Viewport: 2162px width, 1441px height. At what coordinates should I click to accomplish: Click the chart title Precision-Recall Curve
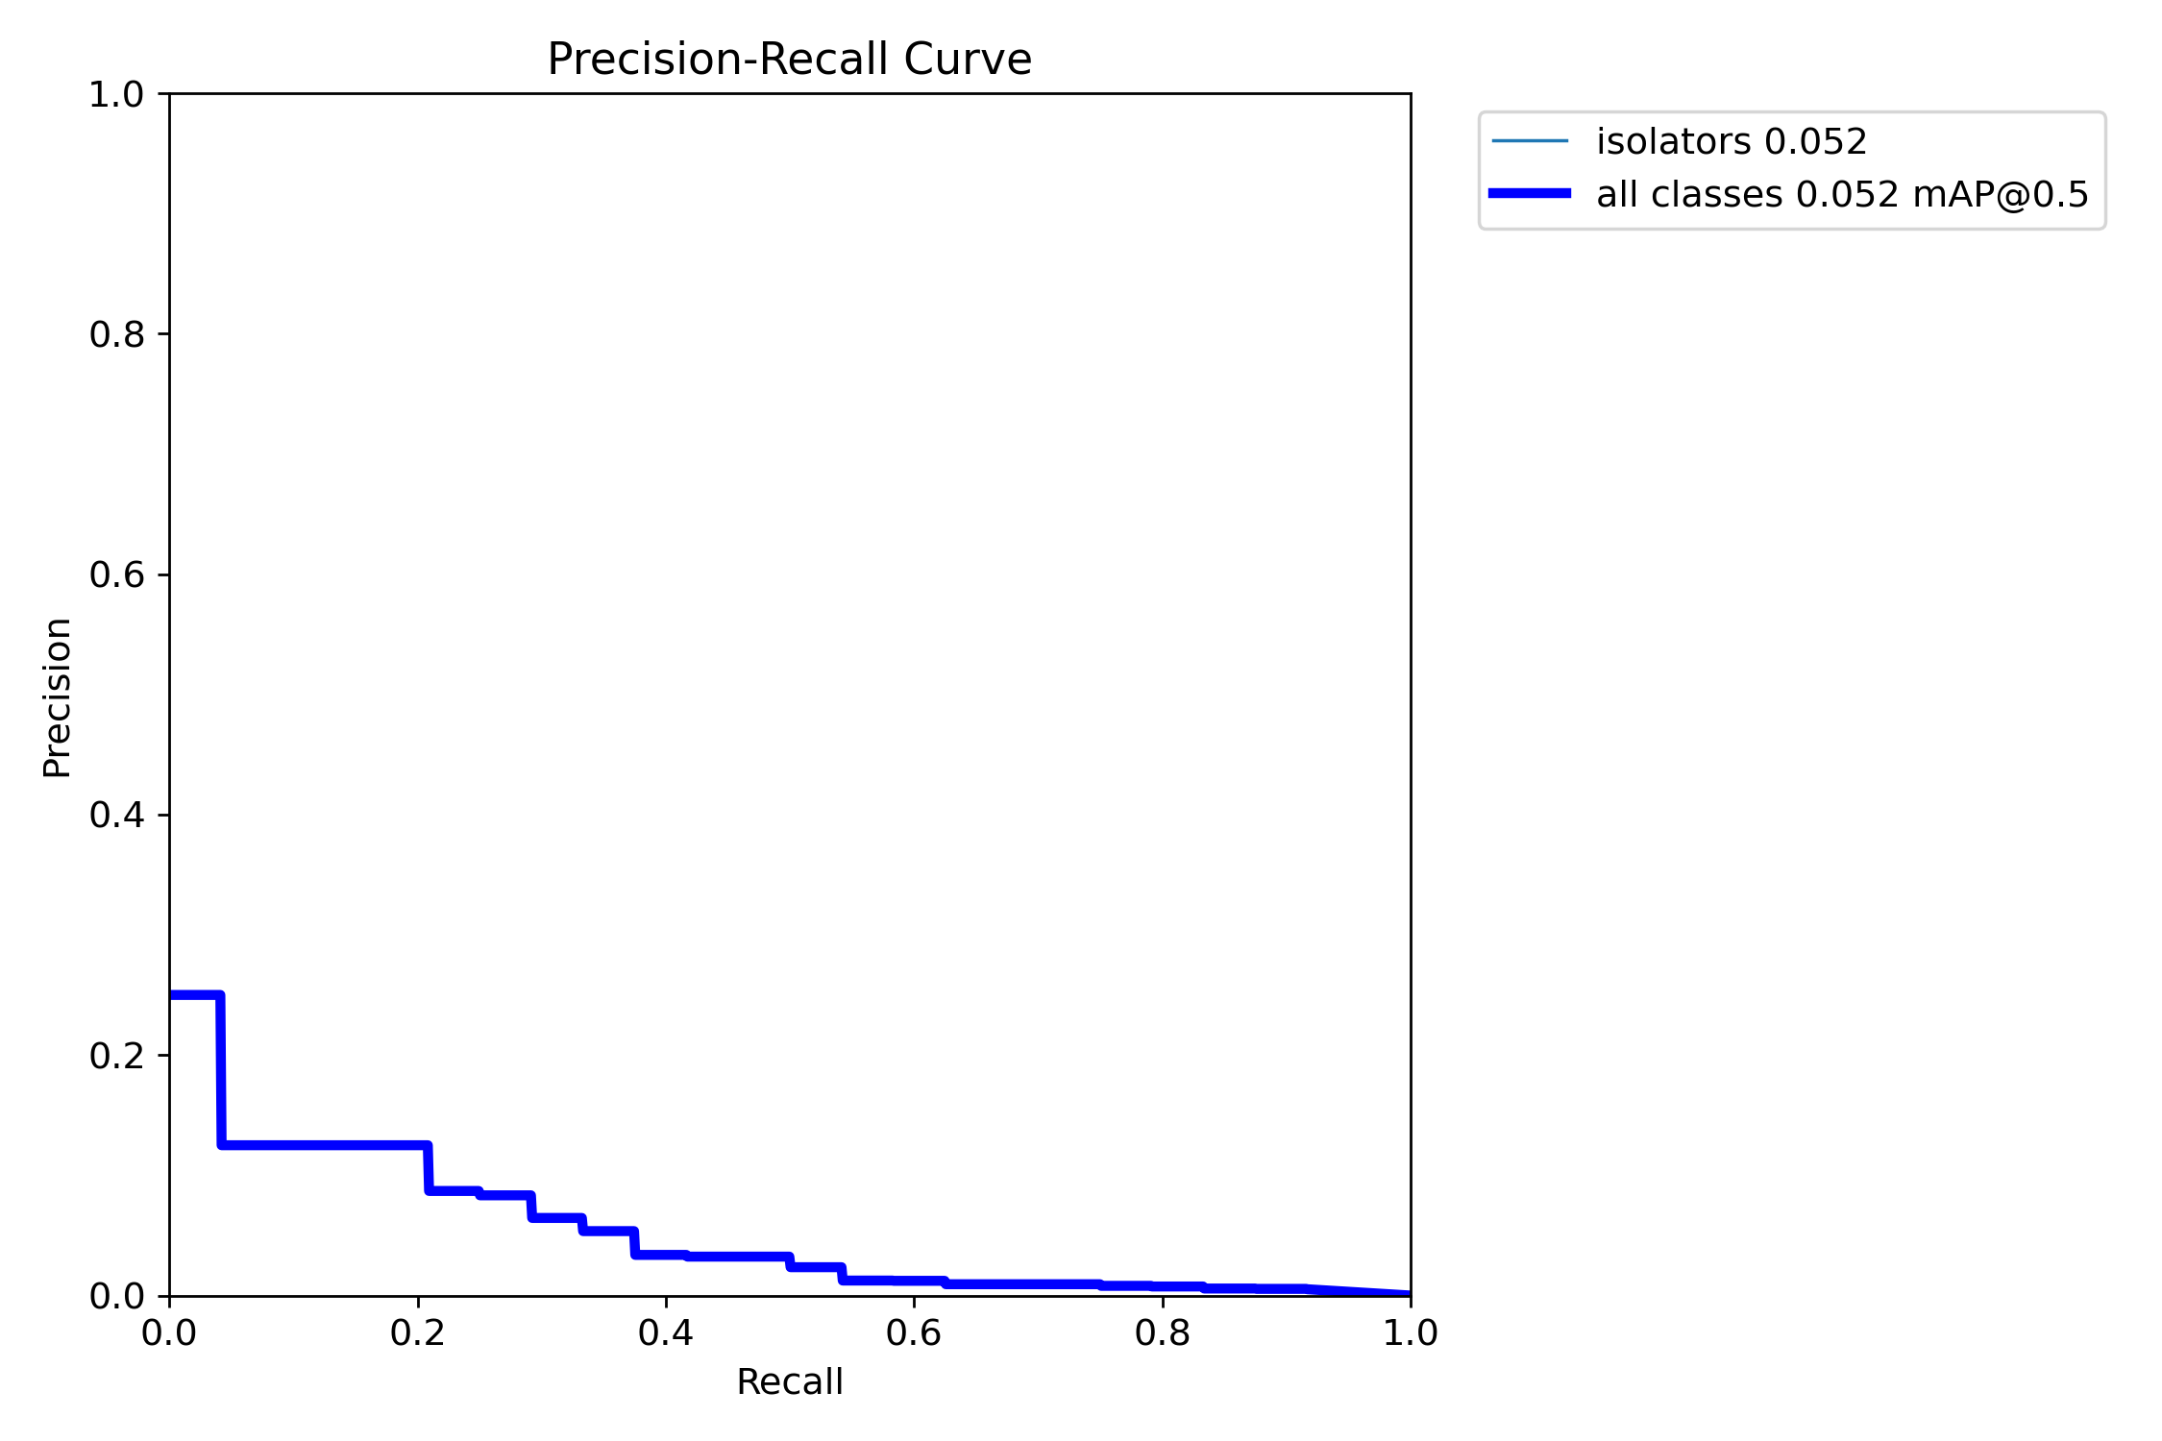[789, 60]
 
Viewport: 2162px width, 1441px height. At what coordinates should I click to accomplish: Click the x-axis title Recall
[789, 1382]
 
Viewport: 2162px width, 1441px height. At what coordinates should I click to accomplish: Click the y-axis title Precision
[58, 697]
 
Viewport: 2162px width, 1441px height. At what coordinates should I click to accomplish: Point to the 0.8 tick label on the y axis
[116, 334]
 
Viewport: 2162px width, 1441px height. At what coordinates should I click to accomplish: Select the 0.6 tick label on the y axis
[116, 574]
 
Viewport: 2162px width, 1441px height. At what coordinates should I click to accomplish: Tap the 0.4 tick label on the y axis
[116, 815]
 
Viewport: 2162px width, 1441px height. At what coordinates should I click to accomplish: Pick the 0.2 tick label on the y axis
[116, 1056]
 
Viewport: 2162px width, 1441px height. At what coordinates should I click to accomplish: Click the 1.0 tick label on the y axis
[116, 94]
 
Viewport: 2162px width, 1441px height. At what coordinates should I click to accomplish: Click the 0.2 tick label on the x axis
[418, 1333]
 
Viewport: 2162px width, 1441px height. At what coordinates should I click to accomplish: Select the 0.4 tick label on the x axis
[666, 1333]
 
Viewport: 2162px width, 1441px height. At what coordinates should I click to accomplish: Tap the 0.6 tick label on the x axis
[914, 1333]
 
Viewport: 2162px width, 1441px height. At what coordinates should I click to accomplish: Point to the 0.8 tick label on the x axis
[1163, 1333]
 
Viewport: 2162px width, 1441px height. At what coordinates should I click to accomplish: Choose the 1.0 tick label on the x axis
[1411, 1333]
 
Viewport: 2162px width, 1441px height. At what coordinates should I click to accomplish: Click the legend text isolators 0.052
[1732, 142]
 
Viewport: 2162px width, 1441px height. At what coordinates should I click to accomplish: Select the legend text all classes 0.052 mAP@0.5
[1842, 195]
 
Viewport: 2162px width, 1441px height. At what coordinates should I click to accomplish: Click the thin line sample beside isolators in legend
[1530, 141]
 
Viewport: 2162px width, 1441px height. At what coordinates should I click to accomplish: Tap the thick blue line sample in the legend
[1530, 194]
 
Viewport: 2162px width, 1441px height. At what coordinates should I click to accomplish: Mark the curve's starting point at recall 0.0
[171, 995]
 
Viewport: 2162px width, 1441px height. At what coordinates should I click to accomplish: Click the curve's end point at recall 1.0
[1410, 1294]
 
